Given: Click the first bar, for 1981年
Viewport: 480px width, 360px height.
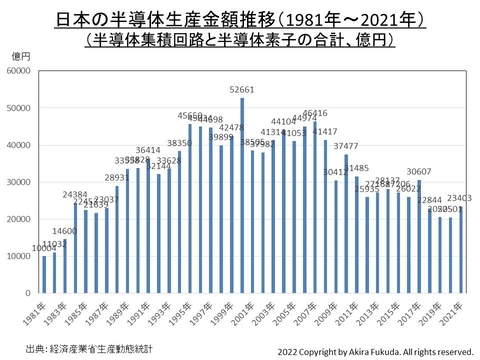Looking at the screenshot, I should pyautogui.click(x=44, y=275).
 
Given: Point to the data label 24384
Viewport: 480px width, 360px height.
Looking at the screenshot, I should pyautogui.click(x=75, y=194).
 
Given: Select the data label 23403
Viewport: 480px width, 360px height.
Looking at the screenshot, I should pyautogui.click(x=459, y=198).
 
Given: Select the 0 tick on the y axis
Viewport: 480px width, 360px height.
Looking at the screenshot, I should pyautogui.click(x=32, y=294).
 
